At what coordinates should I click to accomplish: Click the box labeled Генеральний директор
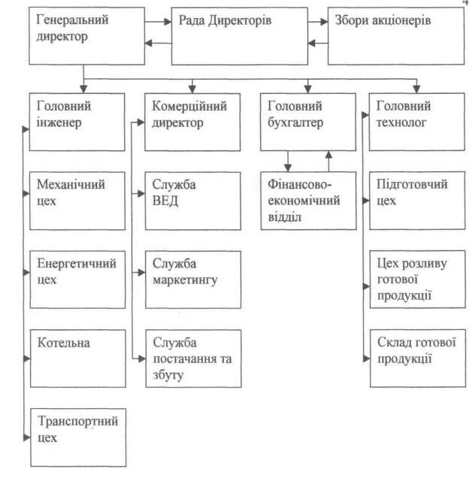[86, 36]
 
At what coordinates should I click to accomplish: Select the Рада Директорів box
[239, 36]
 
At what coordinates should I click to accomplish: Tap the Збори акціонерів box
[396, 36]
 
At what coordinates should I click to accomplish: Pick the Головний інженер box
[77, 122]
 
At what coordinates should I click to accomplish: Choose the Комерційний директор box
[192, 122]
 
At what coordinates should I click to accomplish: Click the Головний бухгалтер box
[308, 122]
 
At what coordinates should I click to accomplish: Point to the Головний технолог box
[417, 122]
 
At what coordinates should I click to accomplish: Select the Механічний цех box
[77, 201]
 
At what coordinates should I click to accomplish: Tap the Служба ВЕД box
[193, 201]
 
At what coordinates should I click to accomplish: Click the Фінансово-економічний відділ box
[308, 201]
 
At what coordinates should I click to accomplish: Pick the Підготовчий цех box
[417, 201]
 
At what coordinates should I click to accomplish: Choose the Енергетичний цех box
[77, 280]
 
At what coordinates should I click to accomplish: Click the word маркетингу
[185, 280]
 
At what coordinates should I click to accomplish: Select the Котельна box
[78, 358]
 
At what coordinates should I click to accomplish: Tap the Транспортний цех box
[78, 437]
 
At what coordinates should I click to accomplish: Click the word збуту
[168, 375]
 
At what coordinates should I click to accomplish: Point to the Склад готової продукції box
[418, 358]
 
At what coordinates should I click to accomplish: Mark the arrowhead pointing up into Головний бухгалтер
[328, 155]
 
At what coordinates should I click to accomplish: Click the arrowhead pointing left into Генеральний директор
[149, 43]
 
